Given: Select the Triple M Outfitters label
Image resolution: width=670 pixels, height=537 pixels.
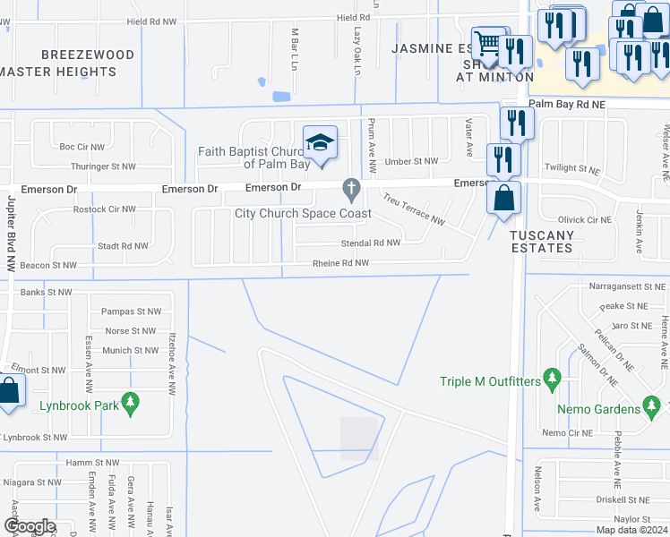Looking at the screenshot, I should (x=490, y=381).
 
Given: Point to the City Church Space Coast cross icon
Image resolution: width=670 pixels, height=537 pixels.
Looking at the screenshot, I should (x=351, y=189).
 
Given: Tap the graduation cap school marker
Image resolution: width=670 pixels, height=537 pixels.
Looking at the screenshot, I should (x=320, y=143).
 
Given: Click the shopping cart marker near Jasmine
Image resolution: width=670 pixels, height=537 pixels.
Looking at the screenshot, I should (x=489, y=43).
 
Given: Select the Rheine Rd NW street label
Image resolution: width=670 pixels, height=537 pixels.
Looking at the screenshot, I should (x=340, y=263).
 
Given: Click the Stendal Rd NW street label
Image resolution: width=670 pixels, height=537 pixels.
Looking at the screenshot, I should (x=370, y=243).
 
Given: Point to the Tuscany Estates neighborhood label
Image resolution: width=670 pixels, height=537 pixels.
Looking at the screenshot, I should (x=541, y=241).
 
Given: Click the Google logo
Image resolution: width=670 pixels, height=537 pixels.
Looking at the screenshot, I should (x=30, y=527).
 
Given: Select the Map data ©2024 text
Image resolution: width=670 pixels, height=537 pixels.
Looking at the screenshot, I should (x=631, y=530).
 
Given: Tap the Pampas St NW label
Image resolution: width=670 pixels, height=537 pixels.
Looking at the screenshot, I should (x=131, y=311).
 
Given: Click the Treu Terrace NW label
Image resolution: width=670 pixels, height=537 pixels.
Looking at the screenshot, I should (x=413, y=209).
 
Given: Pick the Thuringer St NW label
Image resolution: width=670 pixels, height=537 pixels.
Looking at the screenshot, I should (x=103, y=166).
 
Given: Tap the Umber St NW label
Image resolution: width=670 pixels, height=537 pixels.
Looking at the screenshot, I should (x=411, y=161).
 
